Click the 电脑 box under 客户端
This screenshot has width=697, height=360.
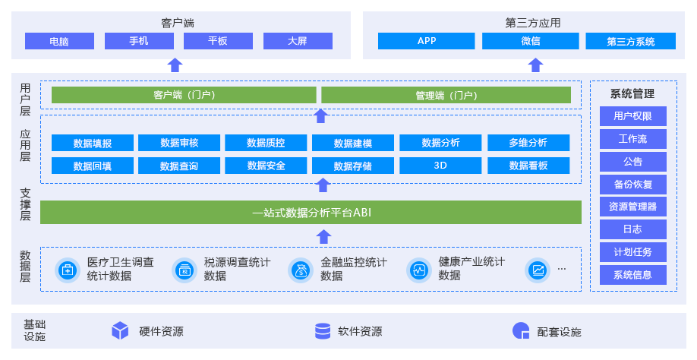click(x=59, y=41)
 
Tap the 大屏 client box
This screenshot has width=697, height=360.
click(x=298, y=41)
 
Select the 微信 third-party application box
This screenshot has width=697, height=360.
click(x=530, y=41)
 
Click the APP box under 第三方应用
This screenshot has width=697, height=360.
click(x=426, y=41)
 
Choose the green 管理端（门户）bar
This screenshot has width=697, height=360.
click(x=446, y=95)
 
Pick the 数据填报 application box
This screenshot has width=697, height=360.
click(x=93, y=143)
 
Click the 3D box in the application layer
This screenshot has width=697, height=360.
click(x=440, y=166)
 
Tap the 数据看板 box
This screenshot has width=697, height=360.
click(x=528, y=166)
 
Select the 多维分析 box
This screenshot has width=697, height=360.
click(x=528, y=143)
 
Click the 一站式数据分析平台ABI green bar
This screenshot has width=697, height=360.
click(x=311, y=213)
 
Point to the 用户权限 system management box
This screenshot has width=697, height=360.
click(x=632, y=116)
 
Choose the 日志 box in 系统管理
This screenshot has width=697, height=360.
click(x=632, y=229)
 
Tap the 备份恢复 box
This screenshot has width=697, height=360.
click(x=632, y=184)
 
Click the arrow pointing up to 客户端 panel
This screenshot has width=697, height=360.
click(x=175, y=65)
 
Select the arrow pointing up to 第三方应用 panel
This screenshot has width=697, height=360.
click(x=535, y=65)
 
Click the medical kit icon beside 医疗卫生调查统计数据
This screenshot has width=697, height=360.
click(x=68, y=270)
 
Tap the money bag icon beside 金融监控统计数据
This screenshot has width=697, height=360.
click(x=301, y=270)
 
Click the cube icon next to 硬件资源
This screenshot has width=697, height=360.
click(x=120, y=331)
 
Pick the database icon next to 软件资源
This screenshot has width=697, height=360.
click(x=323, y=331)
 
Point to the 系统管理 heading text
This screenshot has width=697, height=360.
click(x=632, y=93)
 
